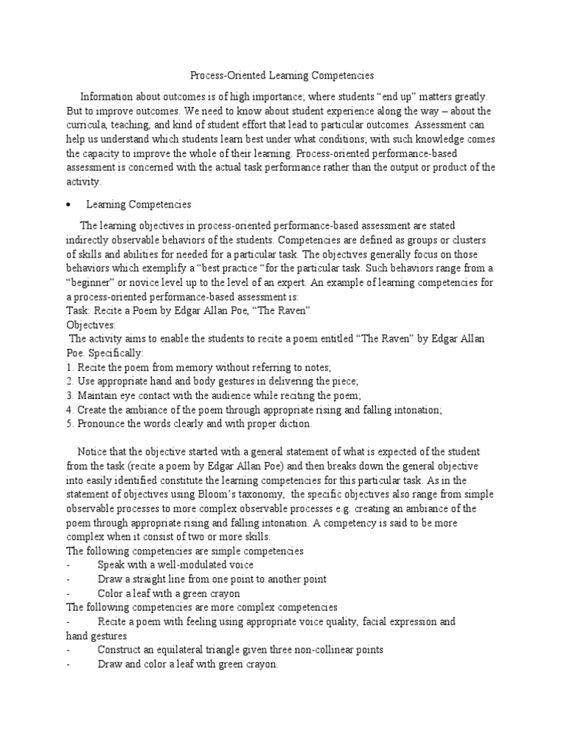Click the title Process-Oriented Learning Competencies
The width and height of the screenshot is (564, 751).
282,75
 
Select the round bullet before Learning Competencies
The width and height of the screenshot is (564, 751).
68,205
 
